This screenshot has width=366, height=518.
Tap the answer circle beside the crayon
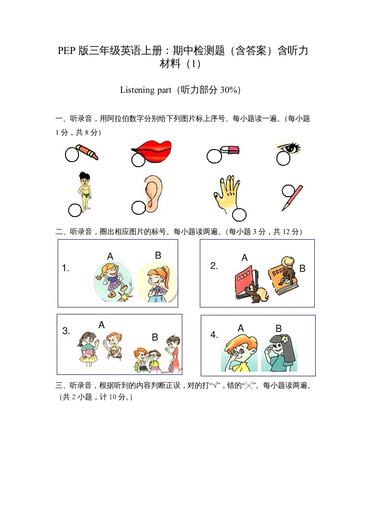tap(72, 155)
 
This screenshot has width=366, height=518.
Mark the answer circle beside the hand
tap(239, 215)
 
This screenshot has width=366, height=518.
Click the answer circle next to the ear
tap(138, 208)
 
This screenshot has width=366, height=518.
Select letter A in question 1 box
tap(110, 256)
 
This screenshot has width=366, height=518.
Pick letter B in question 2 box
tap(302, 268)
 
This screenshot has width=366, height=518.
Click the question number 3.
tap(66, 331)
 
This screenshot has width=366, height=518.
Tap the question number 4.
tap(214, 335)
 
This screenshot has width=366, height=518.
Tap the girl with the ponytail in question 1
tap(156, 283)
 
